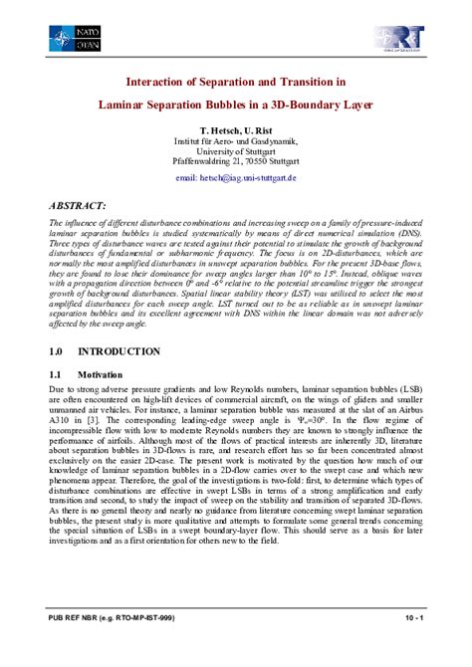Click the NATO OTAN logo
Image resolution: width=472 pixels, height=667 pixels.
click(x=75, y=39)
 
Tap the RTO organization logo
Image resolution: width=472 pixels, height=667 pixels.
click(x=398, y=39)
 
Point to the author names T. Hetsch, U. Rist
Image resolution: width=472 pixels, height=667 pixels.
click(x=235, y=130)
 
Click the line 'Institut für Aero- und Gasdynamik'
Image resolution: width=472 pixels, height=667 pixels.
click(x=235, y=141)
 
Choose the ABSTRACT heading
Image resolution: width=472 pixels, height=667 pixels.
click(x=77, y=204)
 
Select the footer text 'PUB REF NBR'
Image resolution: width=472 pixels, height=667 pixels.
click(x=76, y=645)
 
